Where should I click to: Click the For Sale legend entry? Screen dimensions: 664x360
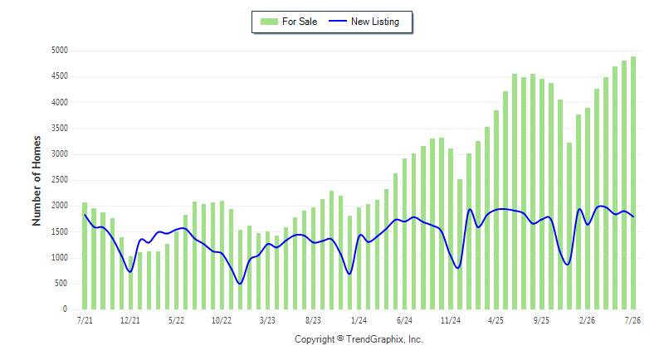(288, 22)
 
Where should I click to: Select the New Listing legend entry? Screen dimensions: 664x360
(364, 22)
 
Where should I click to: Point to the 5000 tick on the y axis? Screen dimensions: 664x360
(60, 51)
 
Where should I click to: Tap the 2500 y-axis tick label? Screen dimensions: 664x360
(60, 180)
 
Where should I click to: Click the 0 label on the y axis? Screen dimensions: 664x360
(66, 309)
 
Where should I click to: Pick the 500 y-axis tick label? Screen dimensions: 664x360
(61, 284)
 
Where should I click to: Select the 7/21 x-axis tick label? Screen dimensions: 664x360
(85, 320)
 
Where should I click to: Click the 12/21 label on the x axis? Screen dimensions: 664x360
(130, 320)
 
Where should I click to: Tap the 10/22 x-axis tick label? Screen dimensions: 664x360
(222, 320)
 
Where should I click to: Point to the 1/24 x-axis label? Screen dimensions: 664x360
(359, 320)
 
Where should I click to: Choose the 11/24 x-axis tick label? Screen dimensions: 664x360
(450, 320)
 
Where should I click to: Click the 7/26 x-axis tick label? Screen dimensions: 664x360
(632, 320)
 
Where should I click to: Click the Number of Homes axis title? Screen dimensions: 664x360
(37, 181)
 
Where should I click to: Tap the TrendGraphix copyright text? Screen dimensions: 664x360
(359, 339)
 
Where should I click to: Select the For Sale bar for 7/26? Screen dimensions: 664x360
(633, 182)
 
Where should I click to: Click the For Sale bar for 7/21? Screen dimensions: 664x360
(85, 256)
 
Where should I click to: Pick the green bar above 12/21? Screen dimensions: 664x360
(130, 283)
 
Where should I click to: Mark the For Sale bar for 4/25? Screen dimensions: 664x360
(496, 210)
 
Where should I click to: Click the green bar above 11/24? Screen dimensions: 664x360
(451, 229)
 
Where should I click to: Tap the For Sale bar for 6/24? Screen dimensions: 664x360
(404, 234)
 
